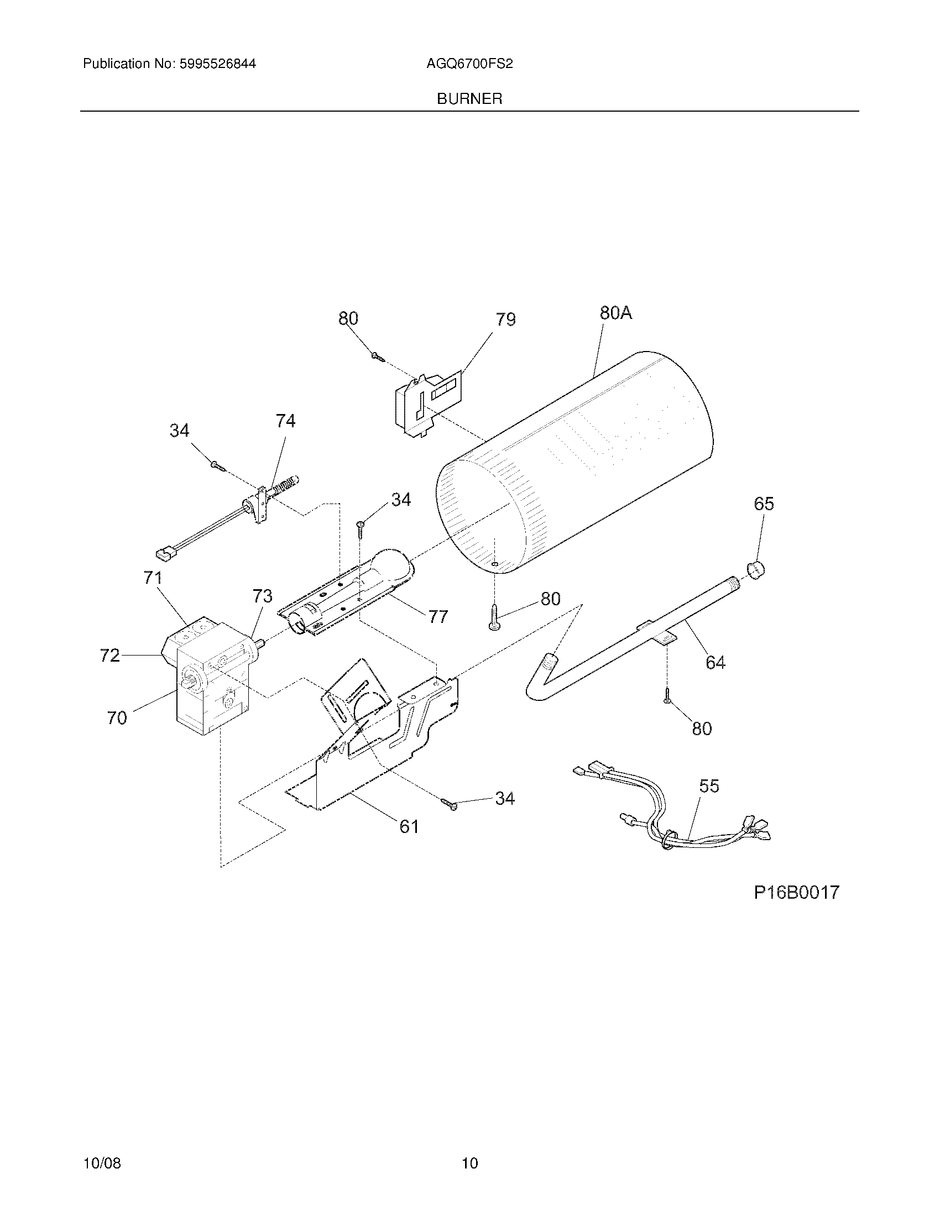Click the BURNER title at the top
[469, 99]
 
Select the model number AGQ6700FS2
[469, 64]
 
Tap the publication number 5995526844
[217, 64]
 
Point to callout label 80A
[615, 313]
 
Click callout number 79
[505, 319]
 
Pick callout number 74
[285, 421]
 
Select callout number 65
[764, 504]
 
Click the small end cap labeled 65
[756, 571]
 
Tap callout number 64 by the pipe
[715, 663]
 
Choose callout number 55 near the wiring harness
[709, 786]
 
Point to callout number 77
[438, 617]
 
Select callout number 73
[262, 596]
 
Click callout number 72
[109, 656]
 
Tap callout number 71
[152, 578]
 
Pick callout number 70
[117, 718]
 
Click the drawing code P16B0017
[796, 893]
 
